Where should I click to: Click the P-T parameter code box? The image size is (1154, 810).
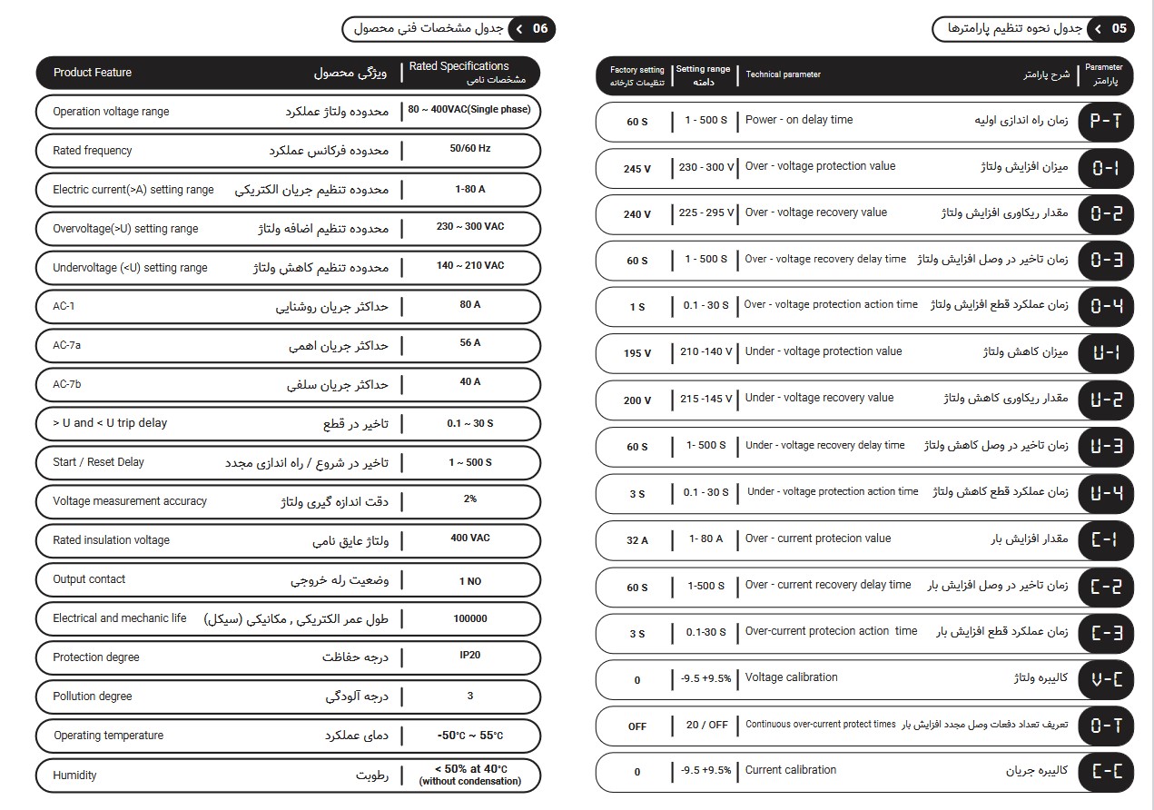(x=1105, y=121)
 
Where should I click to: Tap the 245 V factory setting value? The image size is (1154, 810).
(x=637, y=169)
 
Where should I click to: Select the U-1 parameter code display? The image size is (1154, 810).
(x=1105, y=353)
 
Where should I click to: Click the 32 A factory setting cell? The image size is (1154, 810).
(x=637, y=540)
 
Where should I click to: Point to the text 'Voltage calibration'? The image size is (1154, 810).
(x=791, y=677)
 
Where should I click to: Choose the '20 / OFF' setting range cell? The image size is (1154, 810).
(x=706, y=725)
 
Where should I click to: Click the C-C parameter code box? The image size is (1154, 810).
(x=1105, y=772)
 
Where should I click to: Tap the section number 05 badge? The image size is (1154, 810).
(x=1119, y=29)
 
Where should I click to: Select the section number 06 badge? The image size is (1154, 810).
(x=540, y=29)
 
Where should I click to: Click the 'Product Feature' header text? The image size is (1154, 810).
(x=93, y=73)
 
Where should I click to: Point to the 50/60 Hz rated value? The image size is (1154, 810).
(x=469, y=148)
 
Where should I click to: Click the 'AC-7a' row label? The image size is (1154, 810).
(x=68, y=345)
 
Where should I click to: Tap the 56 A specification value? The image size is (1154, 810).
(x=469, y=343)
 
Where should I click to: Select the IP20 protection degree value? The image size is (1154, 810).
(x=469, y=655)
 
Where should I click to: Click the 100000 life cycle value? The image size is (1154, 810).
(x=469, y=618)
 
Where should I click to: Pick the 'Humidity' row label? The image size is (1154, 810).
(x=74, y=775)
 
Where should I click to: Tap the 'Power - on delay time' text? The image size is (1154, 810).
(x=798, y=120)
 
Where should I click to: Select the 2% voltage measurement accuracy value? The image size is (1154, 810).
(x=469, y=499)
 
